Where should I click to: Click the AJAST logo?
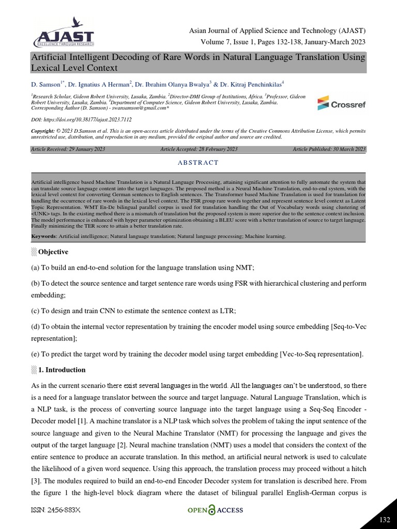tap(63, 33)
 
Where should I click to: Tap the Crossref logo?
tap(341, 104)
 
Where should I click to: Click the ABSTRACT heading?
tap(198, 162)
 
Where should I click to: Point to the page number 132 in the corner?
tap(385, 519)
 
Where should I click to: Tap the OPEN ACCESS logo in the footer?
tap(215, 510)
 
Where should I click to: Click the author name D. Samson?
tap(46, 84)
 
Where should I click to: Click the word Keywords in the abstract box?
tap(44, 236)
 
